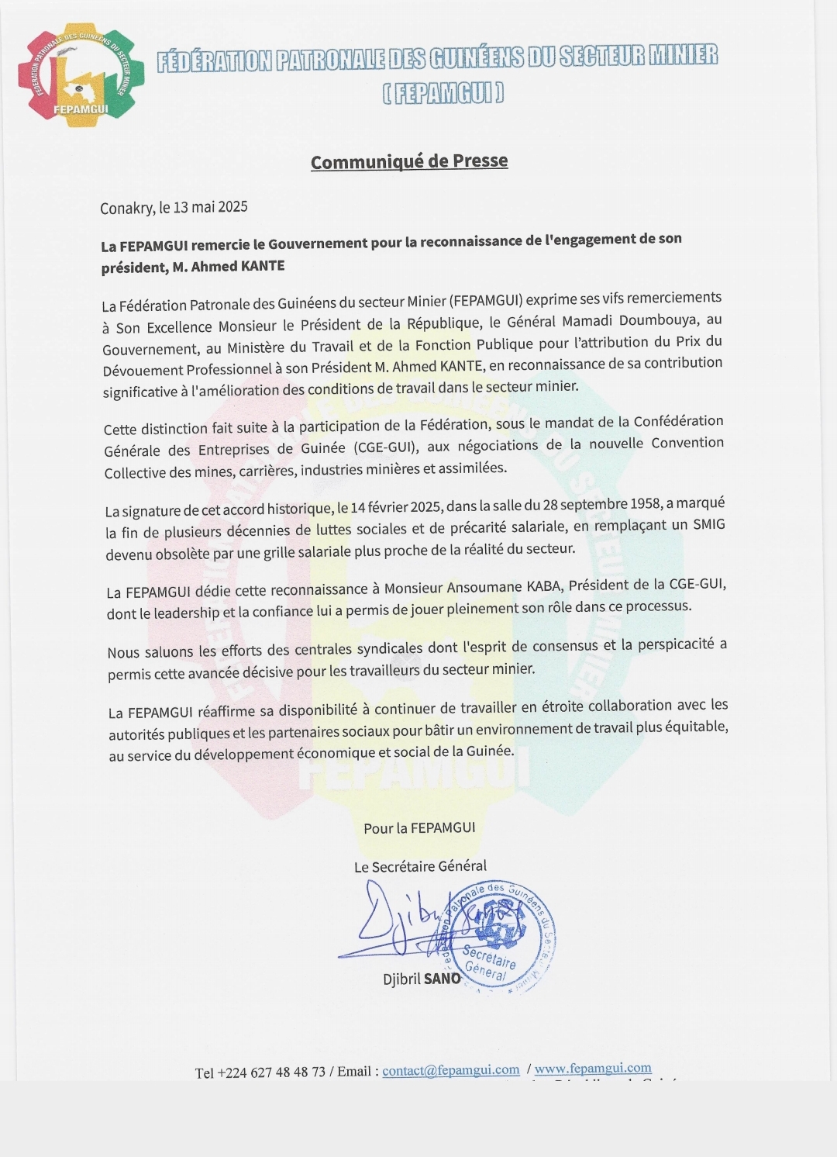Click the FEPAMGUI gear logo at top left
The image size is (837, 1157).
coord(81,76)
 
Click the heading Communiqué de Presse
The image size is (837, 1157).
coord(409,161)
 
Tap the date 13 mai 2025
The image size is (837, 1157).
coord(210,206)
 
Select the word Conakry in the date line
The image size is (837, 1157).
coord(126,208)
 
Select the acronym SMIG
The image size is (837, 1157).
coord(708,524)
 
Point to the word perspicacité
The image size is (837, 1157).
coord(666,644)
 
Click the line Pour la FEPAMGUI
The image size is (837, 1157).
coord(419,828)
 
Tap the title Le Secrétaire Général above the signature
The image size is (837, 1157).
coord(420,866)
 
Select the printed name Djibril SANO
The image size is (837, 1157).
coord(422,979)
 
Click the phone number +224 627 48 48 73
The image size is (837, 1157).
coord(271,1072)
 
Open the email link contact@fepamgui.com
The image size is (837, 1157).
coord(450,1070)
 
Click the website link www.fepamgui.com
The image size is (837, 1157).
coord(593,1069)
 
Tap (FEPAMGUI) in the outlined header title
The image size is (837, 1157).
coord(443,94)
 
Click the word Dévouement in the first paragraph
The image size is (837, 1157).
coord(141,371)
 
